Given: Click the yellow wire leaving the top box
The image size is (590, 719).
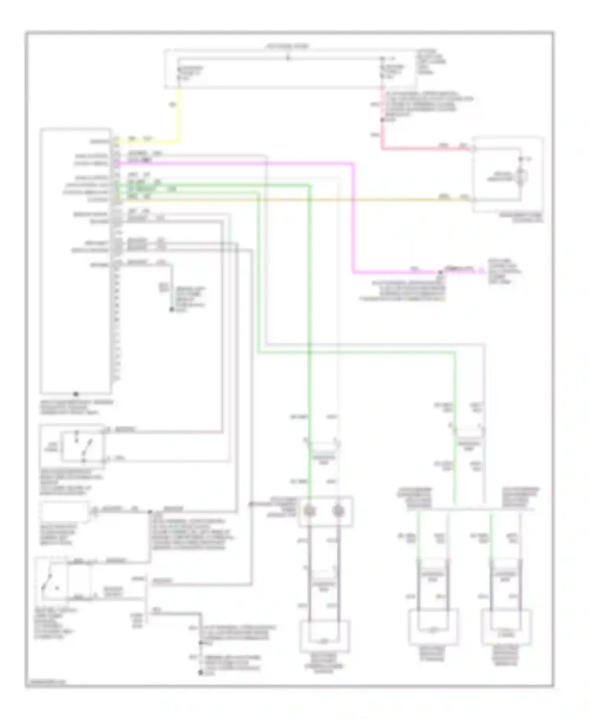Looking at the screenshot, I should [179, 114].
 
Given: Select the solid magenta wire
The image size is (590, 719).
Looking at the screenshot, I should [353, 216].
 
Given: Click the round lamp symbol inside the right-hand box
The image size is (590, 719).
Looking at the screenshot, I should [520, 178].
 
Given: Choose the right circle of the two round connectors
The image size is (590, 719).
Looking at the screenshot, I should [338, 511].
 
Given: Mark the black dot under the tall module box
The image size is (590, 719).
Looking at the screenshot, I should [76, 394].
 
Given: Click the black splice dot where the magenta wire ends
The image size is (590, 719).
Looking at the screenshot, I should [439, 272].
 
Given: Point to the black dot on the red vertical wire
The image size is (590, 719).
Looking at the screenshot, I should [382, 120].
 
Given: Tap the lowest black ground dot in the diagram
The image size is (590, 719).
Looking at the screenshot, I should [201, 673].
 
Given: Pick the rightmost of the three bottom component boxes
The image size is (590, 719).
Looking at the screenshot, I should [507, 627].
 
